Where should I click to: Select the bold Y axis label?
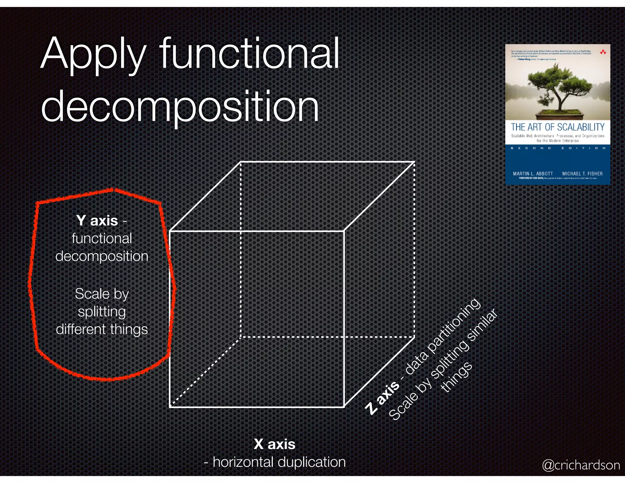click(x=97, y=220)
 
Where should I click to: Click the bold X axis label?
click(x=274, y=444)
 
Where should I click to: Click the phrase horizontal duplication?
click(x=279, y=462)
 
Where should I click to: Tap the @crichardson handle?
click(x=581, y=465)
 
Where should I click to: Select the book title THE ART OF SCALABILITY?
click(x=558, y=127)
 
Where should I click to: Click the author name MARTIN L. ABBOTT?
click(x=533, y=173)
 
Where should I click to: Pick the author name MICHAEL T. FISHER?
click(x=582, y=173)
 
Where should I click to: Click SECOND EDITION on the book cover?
click(x=558, y=148)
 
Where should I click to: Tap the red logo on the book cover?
click(x=603, y=52)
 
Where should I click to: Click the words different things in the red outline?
click(x=102, y=329)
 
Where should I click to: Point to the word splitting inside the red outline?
click(x=102, y=312)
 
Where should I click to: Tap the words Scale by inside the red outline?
click(x=102, y=294)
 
